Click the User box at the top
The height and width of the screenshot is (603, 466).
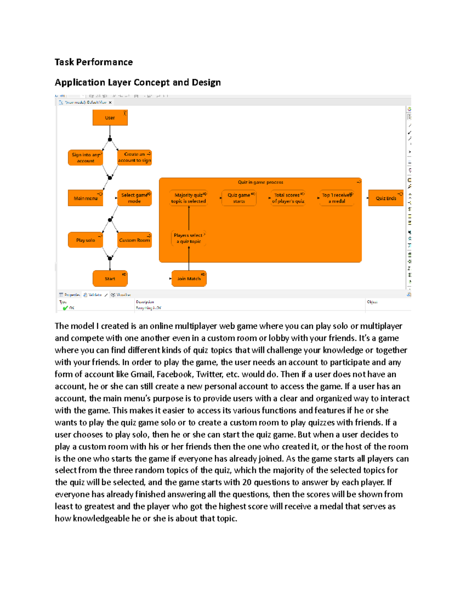click(x=110, y=118)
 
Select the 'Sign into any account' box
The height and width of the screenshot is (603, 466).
click(x=85, y=158)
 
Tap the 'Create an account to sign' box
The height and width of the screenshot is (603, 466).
click(x=134, y=158)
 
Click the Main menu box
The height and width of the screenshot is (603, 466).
click(x=85, y=198)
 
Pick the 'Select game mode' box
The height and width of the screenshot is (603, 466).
click(x=134, y=198)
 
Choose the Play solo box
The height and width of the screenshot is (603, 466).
click(x=85, y=240)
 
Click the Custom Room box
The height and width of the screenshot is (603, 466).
click(x=134, y=240)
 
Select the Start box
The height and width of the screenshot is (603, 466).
click(x=110, y=278)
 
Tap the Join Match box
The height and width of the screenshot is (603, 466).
click(x=189, y=278)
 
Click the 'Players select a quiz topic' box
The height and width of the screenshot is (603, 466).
click(x=189, y=238)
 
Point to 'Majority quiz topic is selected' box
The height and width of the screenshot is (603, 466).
click(x=189, y=198)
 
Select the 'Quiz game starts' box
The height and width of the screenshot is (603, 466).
click(x=239, y=198)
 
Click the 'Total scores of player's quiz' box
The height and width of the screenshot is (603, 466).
click(x=288, y=198)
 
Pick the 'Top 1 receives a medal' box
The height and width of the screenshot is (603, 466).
click(x=337, y=198)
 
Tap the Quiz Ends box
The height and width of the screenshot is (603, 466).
click(x=386, y=198)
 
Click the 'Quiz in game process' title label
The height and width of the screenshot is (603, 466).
click(x=260, y=182)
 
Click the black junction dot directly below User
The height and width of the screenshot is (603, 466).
click(x=110, y=139)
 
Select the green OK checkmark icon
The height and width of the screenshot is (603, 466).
click(x=65, y=308)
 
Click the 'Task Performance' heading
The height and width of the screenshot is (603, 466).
click(x=94, y=62)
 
